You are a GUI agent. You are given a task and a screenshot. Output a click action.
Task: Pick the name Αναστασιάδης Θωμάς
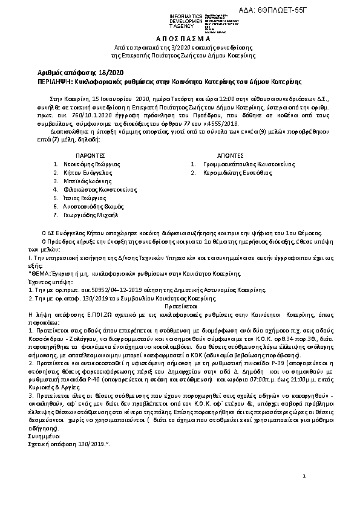click(x=92, y=206)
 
